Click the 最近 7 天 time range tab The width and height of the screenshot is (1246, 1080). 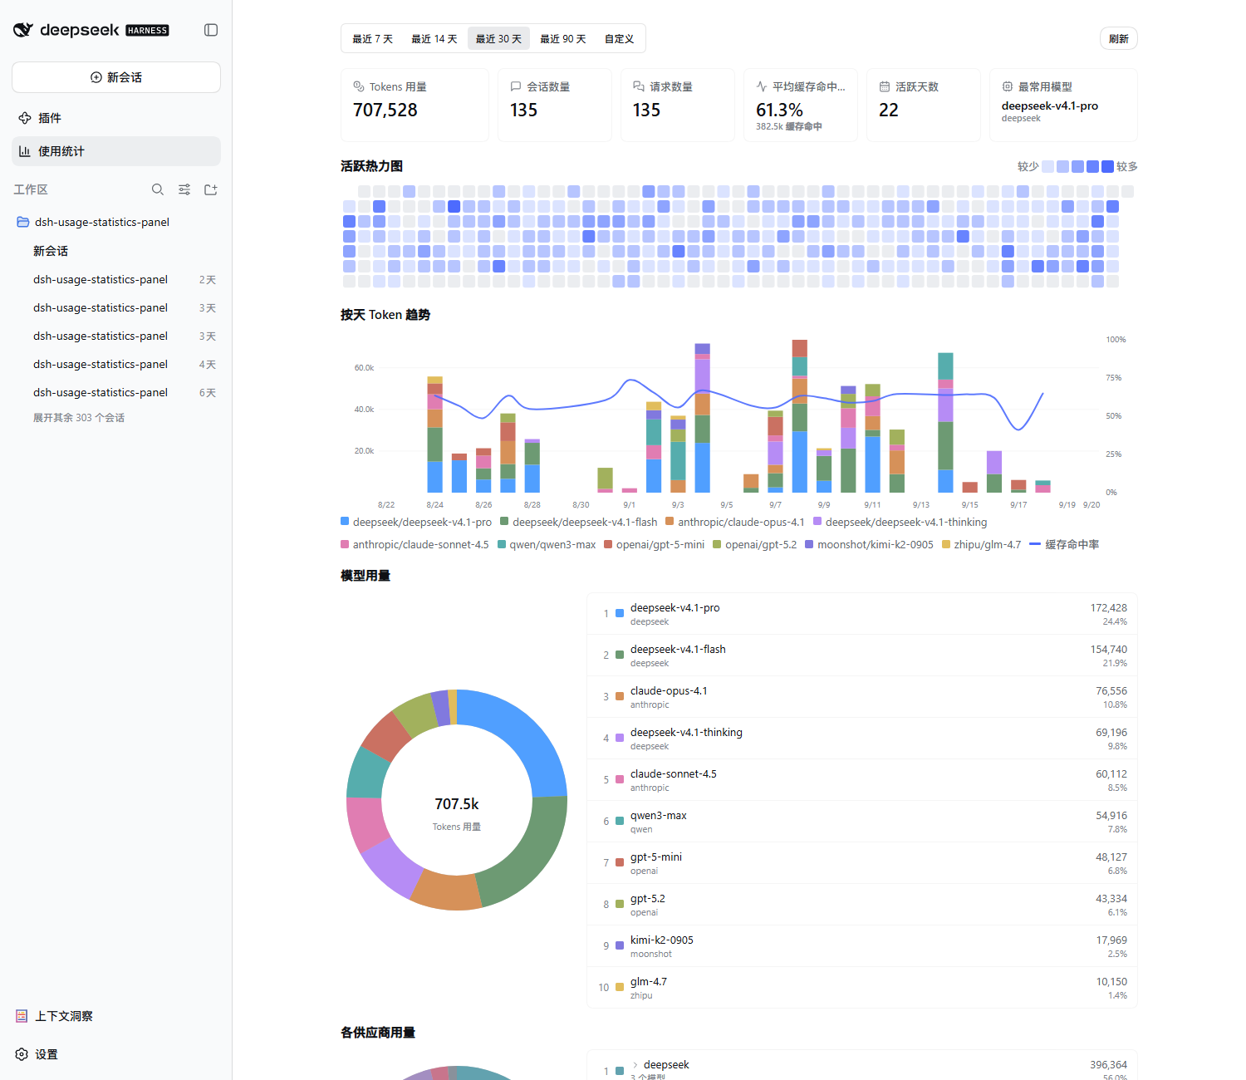[x=372, y=38]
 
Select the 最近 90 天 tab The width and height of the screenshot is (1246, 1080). [x=562, y=38]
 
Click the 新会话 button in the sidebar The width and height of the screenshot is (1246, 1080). [x=116, y=77]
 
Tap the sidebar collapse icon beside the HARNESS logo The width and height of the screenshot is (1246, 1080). [x=210, y=30]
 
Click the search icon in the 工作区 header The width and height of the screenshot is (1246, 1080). [x=157, y=189]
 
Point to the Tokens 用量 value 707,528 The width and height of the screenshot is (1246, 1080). [x=385, y=110]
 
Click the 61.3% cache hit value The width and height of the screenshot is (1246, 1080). [x=779, y=110]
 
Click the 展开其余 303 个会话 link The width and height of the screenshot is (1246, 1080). [x=78, y=417]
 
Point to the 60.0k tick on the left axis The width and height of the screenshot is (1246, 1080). [x=364, y=367]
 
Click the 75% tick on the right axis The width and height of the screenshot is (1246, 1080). [x=1113, y=377]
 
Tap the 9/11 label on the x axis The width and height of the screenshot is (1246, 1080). [x=871, y=505]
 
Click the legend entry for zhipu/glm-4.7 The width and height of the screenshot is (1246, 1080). [x=981, y=544]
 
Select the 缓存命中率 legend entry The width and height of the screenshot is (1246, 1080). [x=1064, y=544]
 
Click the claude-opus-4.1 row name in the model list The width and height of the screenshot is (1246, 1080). [x=669, y=690]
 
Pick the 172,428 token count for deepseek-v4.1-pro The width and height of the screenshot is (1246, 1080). [x=1108, y=607]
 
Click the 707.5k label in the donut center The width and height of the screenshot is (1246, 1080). [x=456, y=804]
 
